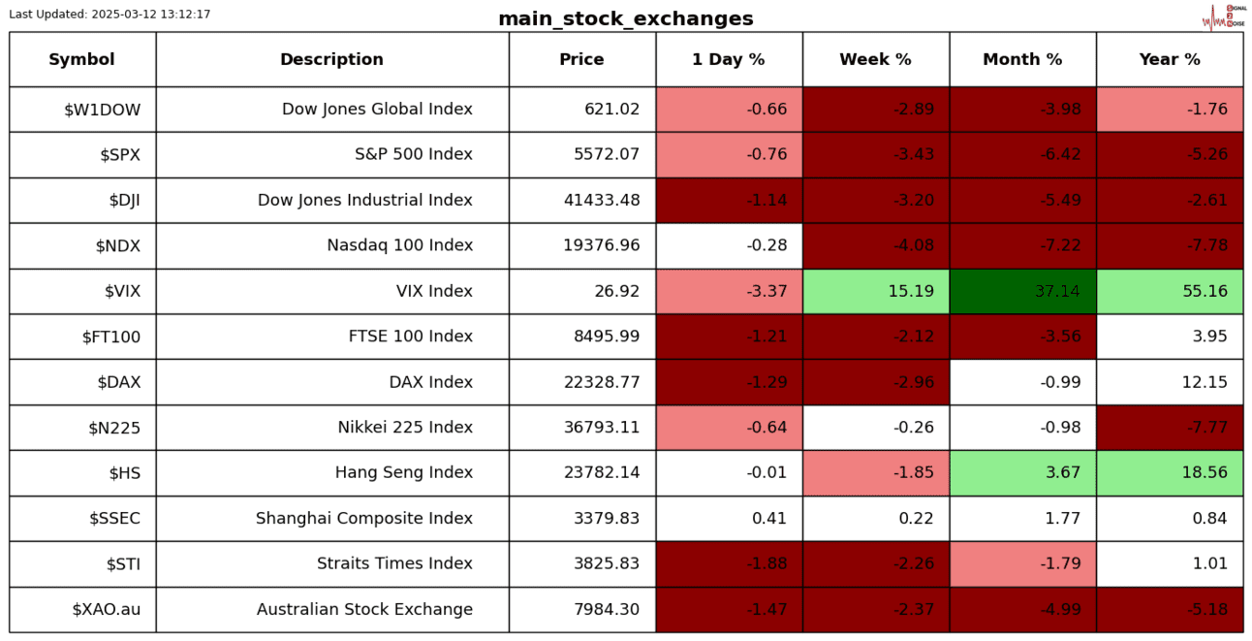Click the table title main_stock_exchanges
coord(625,18)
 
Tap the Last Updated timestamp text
coord(110,15)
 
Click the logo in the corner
coord(1223,16)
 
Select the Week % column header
coord(875,59)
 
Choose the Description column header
coord(331,59)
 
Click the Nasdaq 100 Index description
coord(399,245)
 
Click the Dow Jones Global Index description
coord(377,109)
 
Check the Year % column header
coord(1170,59)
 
